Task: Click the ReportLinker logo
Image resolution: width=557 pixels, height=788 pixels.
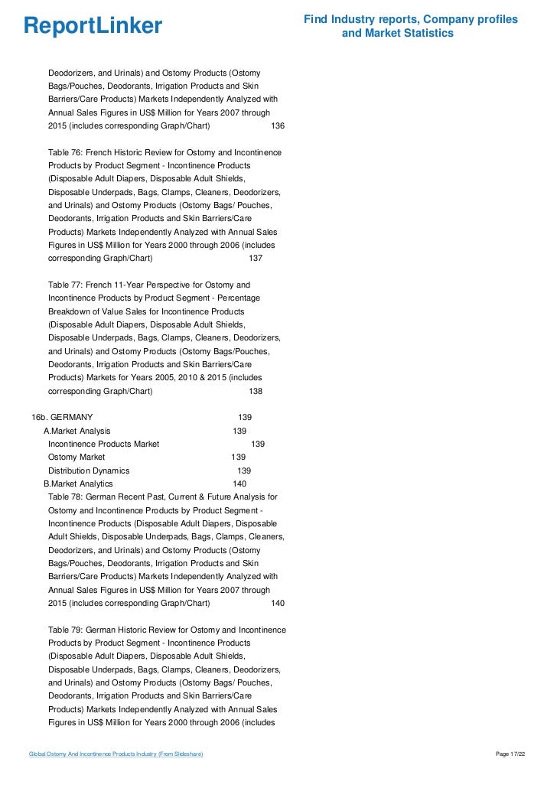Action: (93, 27)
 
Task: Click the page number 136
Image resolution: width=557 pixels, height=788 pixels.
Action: (278, 125)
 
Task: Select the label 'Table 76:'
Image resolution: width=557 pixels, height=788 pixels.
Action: (67, 151)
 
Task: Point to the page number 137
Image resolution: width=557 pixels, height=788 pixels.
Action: (256, 259)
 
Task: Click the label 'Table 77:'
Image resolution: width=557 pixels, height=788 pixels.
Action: (67, 285)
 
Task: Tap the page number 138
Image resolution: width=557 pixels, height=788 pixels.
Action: (256, 392)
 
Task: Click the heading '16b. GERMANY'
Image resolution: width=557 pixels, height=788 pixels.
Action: (62, 418)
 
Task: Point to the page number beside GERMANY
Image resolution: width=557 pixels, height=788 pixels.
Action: (246, 418)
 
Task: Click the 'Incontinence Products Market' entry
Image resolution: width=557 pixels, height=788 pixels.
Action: (104, 444)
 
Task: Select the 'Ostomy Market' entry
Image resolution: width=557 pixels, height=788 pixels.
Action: (77, 457)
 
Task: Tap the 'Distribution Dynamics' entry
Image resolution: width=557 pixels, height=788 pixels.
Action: (89, 471)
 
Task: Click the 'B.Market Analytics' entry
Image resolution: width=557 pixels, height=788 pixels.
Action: (78, 484)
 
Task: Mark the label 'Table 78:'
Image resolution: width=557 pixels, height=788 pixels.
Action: (67, 497)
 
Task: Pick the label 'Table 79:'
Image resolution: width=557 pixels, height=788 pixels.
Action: (67, 630)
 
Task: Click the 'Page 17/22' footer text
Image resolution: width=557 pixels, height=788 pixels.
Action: (511, 754)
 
